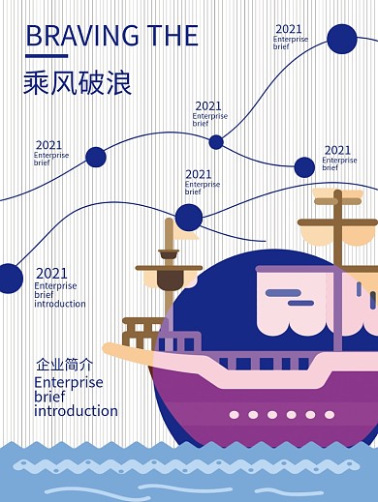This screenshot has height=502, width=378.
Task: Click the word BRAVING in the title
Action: (x=80, y=36)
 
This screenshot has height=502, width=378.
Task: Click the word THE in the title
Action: (x=171, y=36)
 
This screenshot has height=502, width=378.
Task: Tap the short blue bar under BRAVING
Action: (x=46, y=56)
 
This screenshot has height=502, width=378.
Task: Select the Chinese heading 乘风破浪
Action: (x=77, y=83)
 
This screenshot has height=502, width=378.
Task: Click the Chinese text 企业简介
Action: (x=64, y=366)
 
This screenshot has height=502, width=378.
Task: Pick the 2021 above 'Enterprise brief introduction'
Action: (x=51, y=274)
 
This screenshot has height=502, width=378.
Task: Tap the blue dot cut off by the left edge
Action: (x=8, y=279)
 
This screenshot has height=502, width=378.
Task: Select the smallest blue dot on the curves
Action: (x=216, y=142)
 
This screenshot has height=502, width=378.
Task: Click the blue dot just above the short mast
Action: (x=189, y=217)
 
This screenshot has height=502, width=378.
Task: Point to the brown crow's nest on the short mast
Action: (x=171, y=281)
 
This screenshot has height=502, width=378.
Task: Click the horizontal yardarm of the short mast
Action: (x=170, y=268)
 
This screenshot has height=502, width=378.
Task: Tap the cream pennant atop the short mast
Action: (x=185, y=232)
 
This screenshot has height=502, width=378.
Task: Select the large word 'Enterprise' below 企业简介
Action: (x=68, y=383)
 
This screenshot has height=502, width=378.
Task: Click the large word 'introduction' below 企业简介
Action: (x=76, y=411)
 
